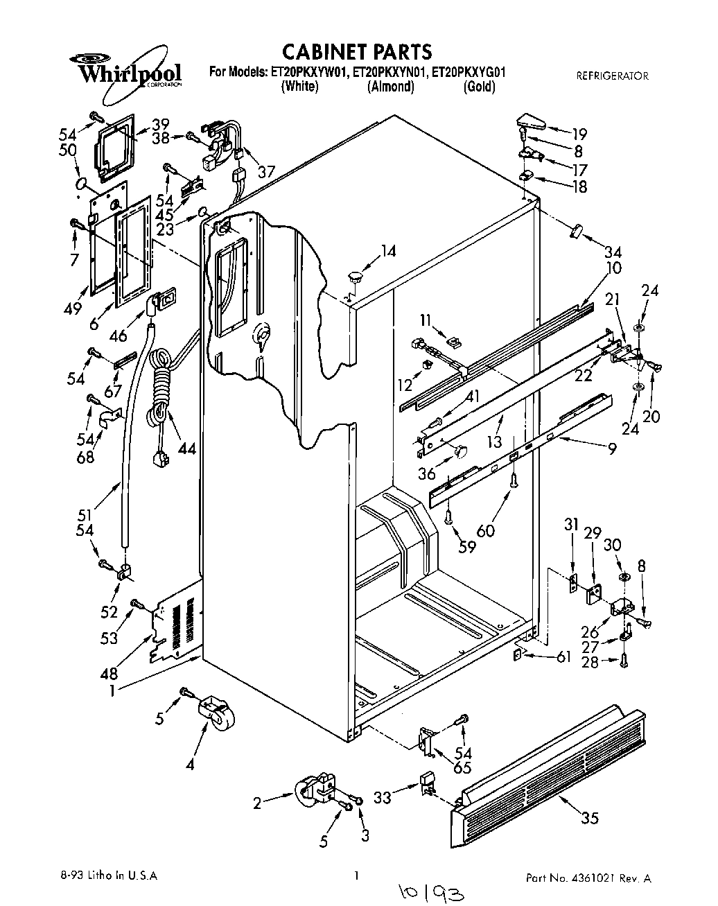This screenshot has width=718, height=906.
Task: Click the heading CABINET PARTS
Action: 357,51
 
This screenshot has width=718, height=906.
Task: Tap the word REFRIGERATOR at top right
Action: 612,76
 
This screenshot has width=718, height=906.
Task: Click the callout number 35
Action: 589,819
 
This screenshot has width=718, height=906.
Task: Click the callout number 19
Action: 579,134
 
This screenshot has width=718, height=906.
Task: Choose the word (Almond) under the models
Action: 390,87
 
